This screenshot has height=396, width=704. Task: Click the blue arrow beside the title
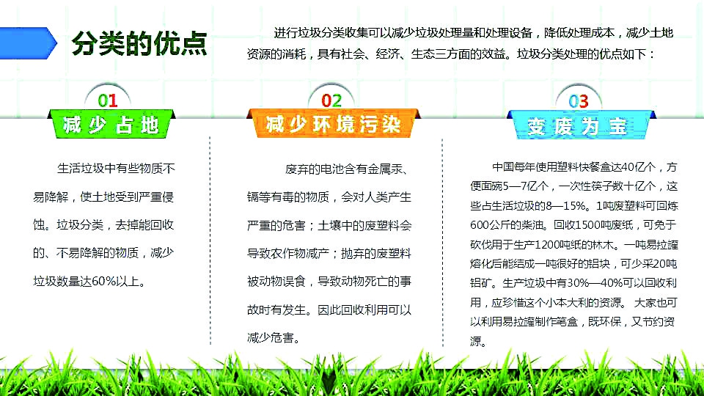[28, 43]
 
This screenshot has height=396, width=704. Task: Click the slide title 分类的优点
[139, 43]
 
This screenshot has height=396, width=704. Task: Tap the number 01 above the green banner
[108, 100]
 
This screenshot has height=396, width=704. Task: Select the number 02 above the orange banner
[331, 100]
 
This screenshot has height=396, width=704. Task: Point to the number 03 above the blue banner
[579, 101]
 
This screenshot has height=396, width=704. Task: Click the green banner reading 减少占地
[111, 124]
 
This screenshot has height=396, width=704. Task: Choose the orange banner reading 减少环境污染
[333, 124]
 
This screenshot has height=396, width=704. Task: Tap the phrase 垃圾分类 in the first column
[80, 225]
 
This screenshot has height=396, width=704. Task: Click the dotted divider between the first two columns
[210, 241]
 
